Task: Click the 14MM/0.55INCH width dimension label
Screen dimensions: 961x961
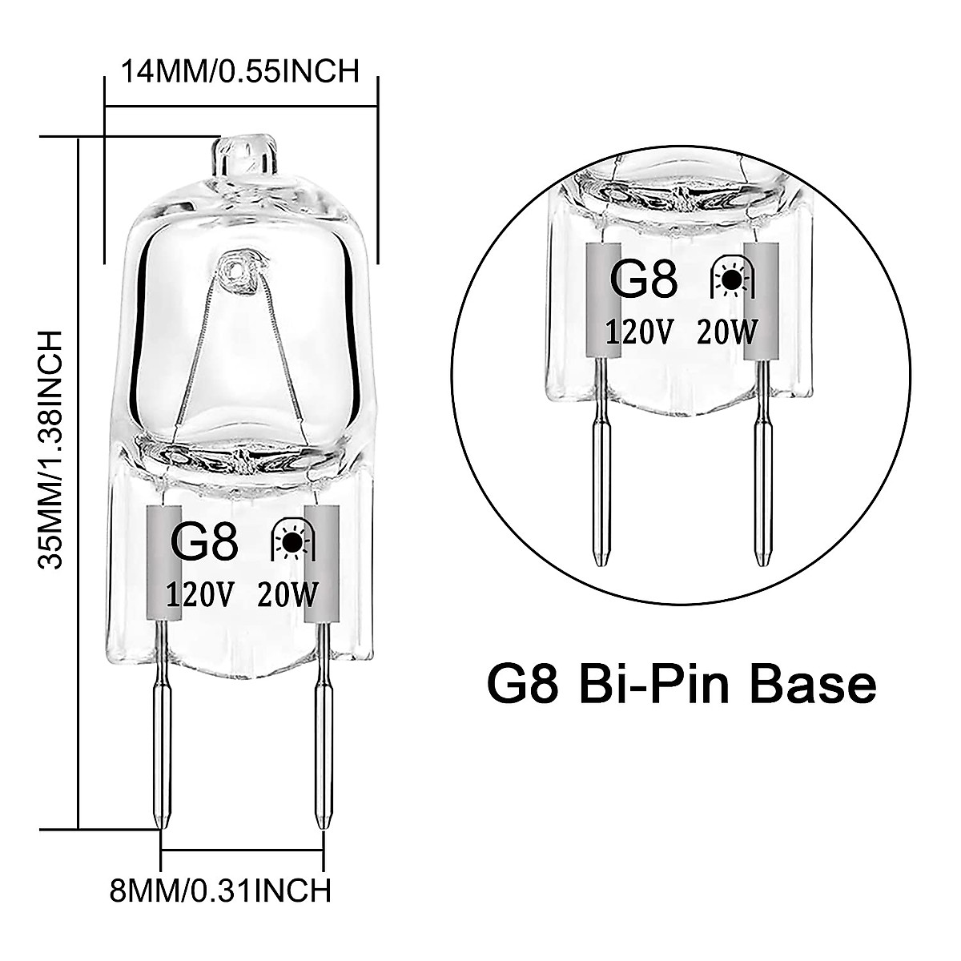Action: tap(239, 71)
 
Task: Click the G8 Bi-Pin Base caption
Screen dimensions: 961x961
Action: tap(681, 685)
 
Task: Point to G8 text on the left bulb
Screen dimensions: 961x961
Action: tap(204, 542)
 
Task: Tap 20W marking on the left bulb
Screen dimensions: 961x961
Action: tap(288, 595)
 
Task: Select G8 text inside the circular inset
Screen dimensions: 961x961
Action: tap(644, 280)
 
